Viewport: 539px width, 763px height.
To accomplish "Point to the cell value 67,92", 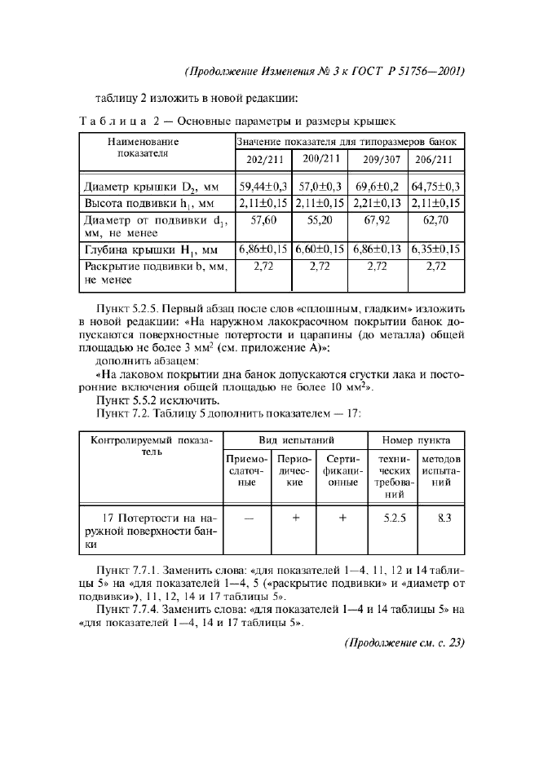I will [x=378, y=219].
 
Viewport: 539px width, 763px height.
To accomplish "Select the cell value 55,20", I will [x=320, y=219].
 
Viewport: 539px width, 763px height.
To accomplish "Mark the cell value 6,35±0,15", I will [x=435, y=249].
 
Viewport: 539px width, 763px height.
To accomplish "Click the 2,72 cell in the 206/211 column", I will [x=435, y=266].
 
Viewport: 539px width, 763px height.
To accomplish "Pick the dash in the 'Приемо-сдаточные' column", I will [x=248, y=517].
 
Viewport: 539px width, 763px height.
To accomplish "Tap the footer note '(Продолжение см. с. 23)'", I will [x=404, y=642].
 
